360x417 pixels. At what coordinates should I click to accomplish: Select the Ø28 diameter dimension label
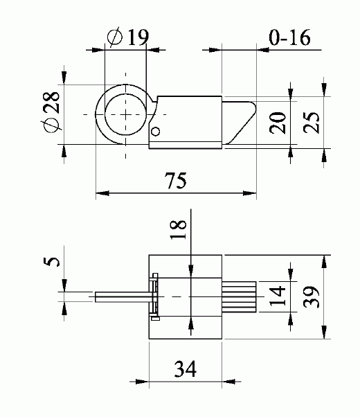[51, 112]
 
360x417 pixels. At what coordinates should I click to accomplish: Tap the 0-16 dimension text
[289, 37]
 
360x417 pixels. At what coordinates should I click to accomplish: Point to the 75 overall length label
[176, 181]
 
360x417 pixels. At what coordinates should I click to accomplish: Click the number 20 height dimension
[277, 123]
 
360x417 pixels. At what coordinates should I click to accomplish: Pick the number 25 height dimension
[311, 123]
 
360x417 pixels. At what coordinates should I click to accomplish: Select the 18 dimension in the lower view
[178, 230]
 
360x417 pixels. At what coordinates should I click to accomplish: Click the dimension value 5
[51, 262]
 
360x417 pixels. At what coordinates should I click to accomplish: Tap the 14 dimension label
[277, 296]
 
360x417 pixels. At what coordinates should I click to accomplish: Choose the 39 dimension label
[311, 297]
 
